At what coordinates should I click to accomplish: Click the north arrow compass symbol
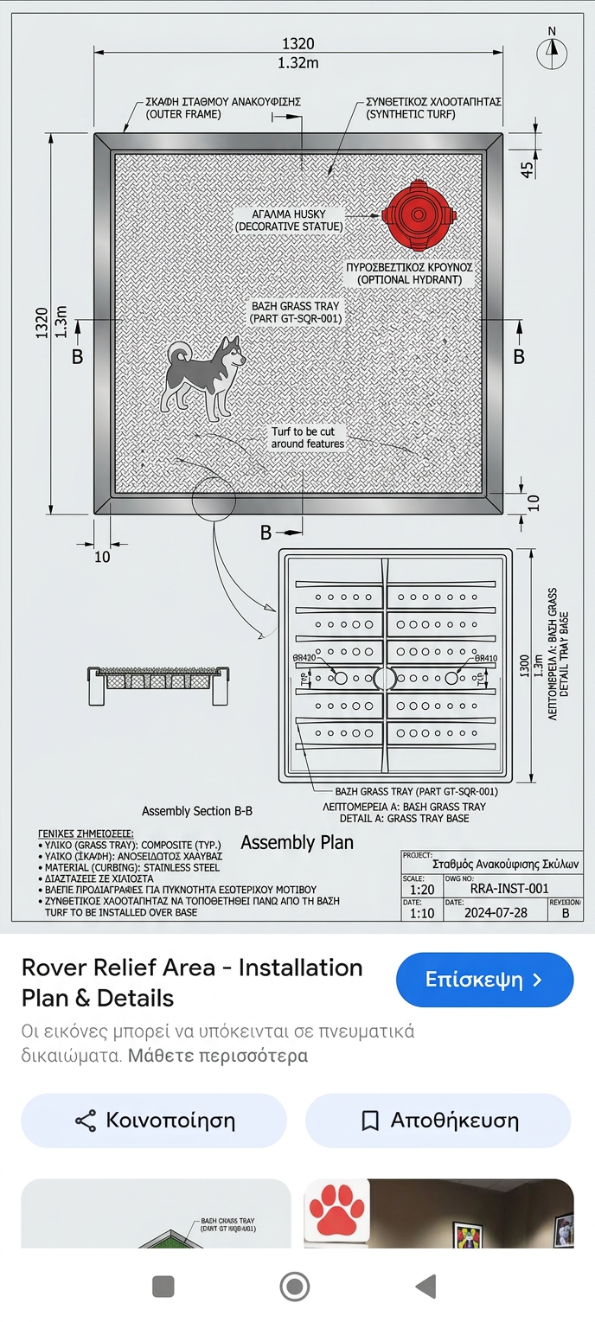552,51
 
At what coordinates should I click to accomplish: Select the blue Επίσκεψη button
484,980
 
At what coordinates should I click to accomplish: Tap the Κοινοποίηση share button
153,1121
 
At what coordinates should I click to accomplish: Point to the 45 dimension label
527,169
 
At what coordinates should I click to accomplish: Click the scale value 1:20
422,889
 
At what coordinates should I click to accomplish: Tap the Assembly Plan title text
297,842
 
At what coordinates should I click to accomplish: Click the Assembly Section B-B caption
197,811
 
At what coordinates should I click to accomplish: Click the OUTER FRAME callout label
183,113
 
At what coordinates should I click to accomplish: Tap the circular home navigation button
295,1287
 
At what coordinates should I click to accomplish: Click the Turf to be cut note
308,437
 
